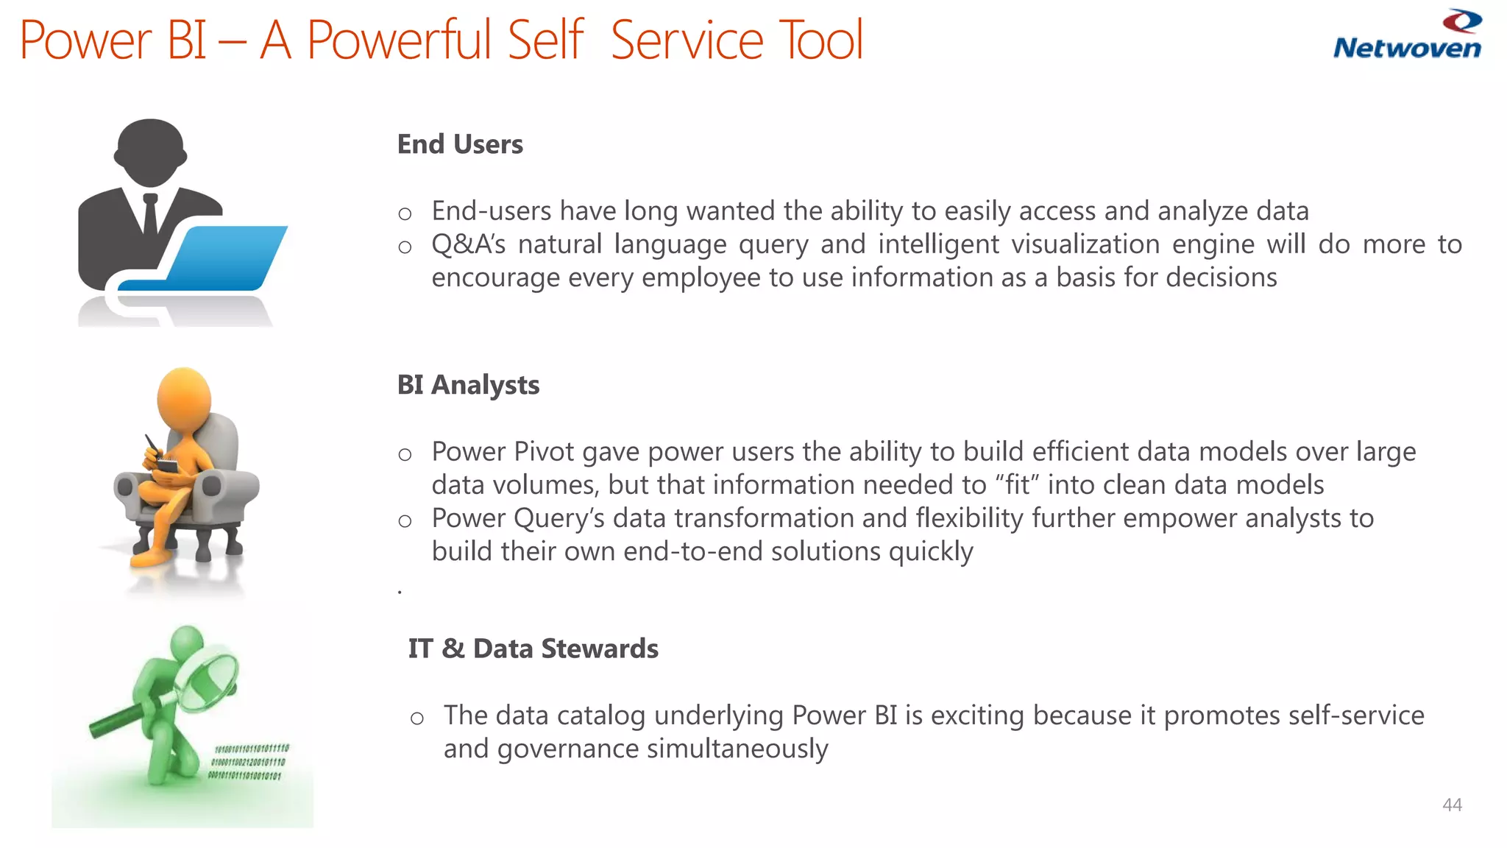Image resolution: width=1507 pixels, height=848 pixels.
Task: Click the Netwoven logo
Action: pyautogui.click(x=1407, y=35)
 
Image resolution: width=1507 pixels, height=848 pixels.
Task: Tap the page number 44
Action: pyautogui.click(x=1452, y=805)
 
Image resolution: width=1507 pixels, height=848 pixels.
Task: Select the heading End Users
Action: pyautogui.click(x=460, y=144)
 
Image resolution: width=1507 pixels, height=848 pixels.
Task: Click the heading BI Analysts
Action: pyautogui.click(x=468, y=385)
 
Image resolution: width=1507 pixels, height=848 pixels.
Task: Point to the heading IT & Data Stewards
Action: pyautogui.click(x=533, y=649)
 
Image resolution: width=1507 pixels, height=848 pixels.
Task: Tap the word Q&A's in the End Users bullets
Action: pyautogui.click(x=468, y=244)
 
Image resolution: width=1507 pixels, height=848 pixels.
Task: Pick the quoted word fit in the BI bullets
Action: pyautogui.click(x=1017, y=485)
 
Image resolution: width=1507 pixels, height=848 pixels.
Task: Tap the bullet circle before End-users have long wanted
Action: pyautogui.click(x=405, y=214)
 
